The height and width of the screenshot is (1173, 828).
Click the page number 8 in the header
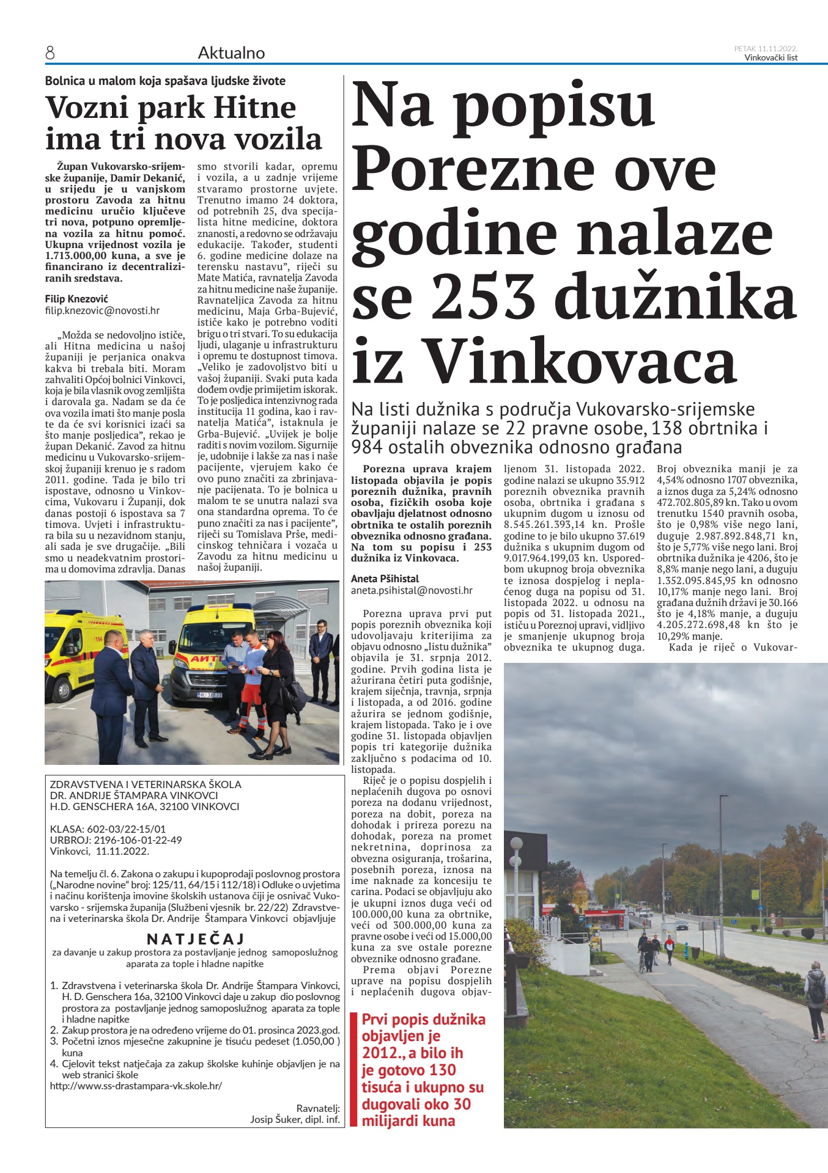tap(50, 54)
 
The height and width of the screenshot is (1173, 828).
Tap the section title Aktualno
tap(231, 53)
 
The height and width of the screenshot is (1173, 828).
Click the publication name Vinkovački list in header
tap(771, 58)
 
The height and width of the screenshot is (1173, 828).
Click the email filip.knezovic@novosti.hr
tap(102, 310)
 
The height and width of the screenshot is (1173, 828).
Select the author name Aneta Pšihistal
tap(385, 579)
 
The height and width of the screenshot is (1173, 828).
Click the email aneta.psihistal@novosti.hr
tap(412, 590)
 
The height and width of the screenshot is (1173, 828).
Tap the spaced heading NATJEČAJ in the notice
tap(196, 938)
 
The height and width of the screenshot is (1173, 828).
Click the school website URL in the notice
tap(136, 1086)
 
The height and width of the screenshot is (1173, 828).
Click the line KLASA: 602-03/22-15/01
tap(108, 829)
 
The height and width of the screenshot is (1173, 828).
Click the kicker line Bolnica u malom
tap(165, 81)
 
